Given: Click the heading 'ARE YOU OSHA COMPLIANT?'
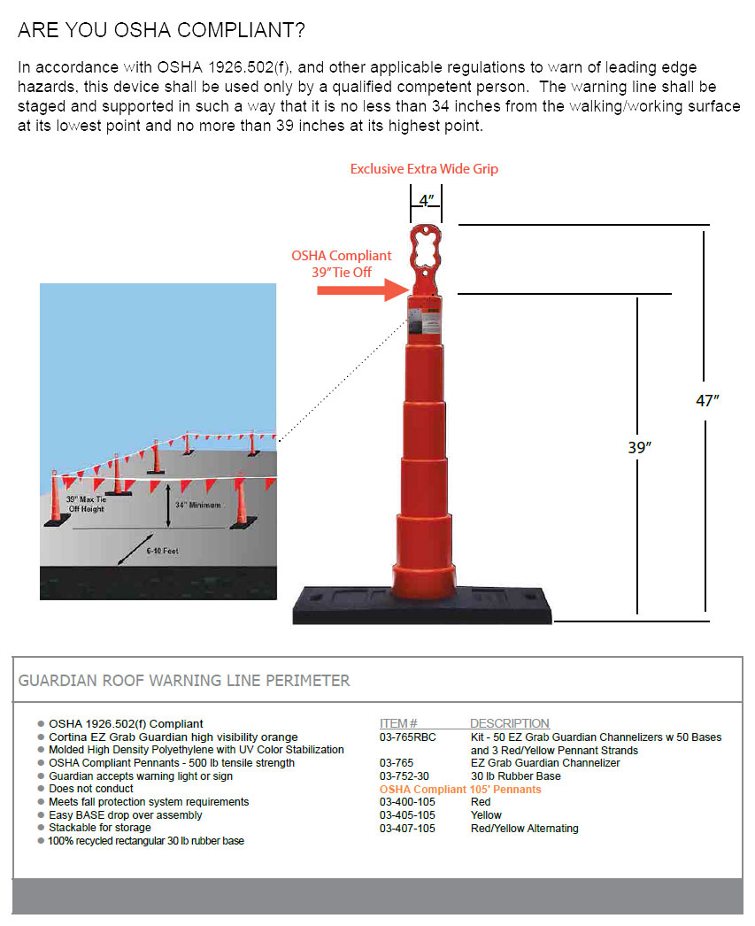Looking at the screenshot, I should tap(162, 31).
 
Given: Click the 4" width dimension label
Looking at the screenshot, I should tap(426, 200).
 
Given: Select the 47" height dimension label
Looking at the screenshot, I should tap(707, 400).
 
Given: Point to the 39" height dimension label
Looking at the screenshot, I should tap(639, 448).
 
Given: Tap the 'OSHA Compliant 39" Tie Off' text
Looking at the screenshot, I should tap(342, 264).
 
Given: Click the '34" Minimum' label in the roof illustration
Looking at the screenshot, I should tap(198, 505).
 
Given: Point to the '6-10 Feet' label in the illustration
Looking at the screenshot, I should tap(162, 551).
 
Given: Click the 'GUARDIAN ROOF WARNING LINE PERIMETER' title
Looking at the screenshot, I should tap(184, 681).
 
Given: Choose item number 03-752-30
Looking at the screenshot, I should tap(404, 776).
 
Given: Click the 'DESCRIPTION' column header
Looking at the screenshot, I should tap(509, 723).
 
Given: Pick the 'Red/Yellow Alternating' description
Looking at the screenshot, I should tap(524, 829).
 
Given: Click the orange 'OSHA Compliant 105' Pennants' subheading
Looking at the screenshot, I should tap(459, 789).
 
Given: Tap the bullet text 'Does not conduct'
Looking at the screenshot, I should tap(91, 789).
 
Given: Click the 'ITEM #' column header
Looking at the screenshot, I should tap(398, 723).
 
